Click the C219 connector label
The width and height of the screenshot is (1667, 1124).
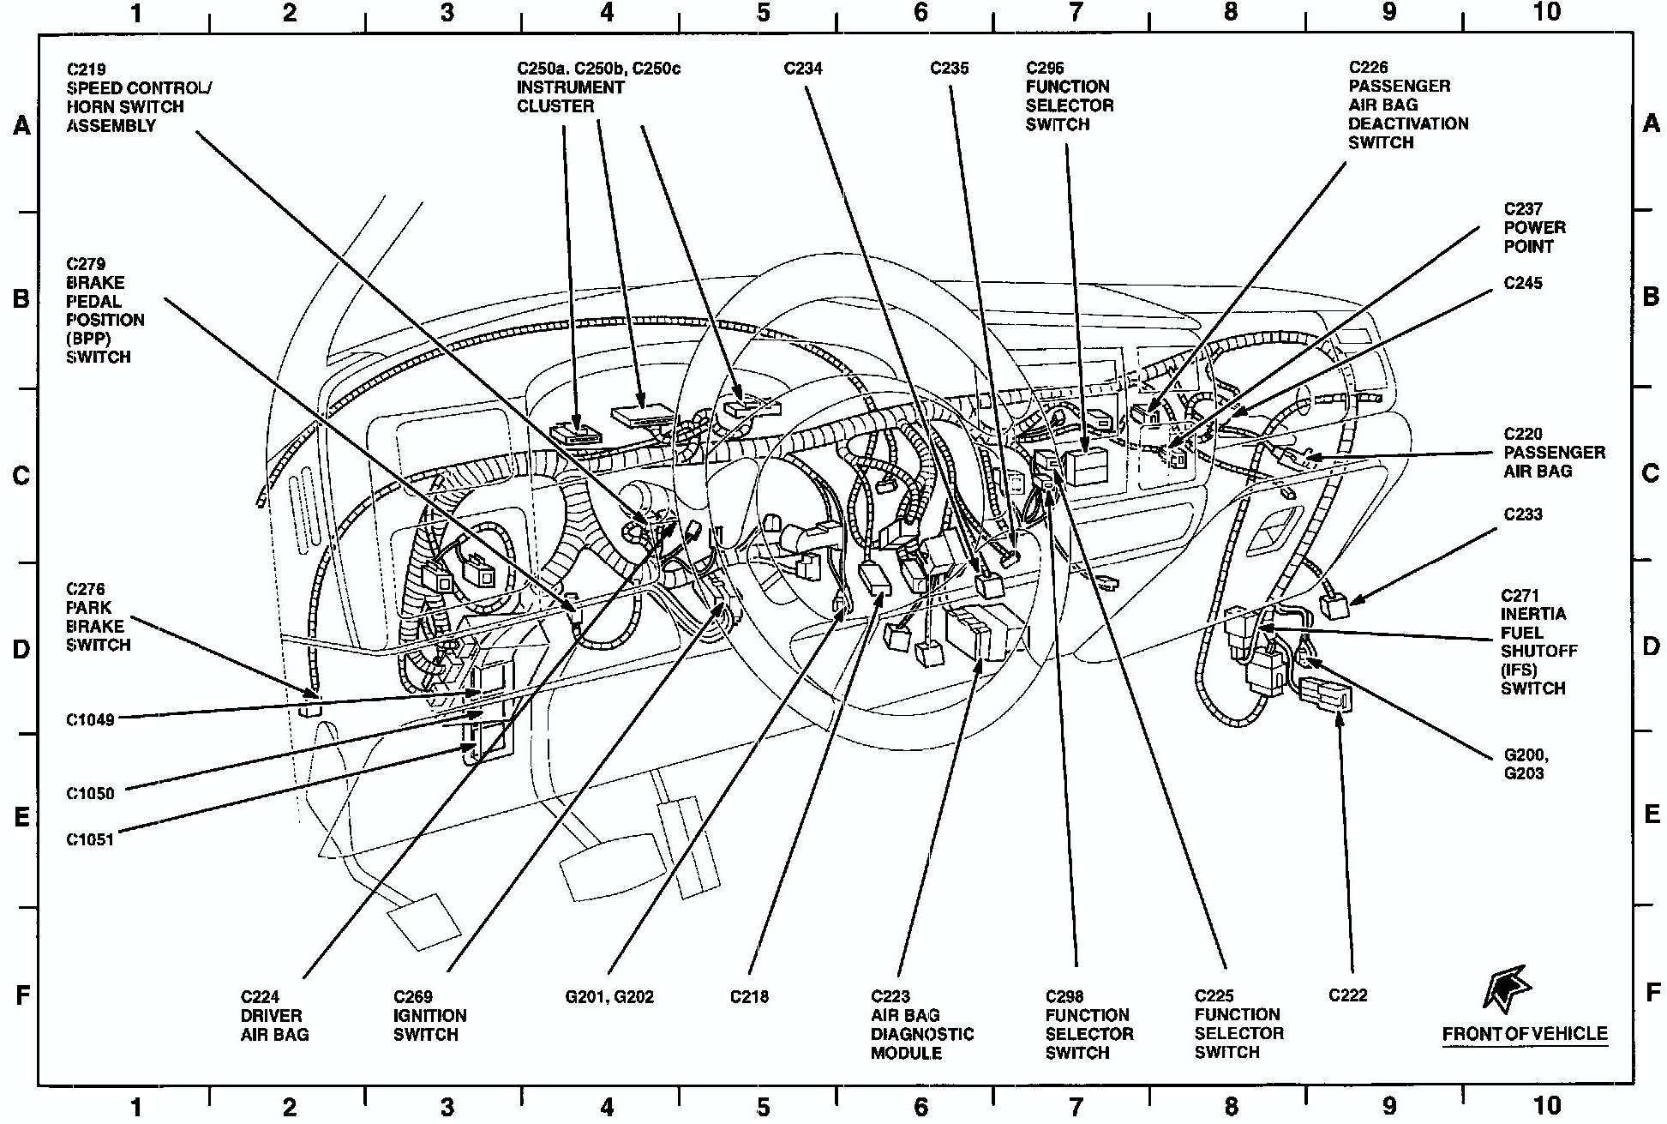tap(137, 97)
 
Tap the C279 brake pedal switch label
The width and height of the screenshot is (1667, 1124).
tap(105, 310)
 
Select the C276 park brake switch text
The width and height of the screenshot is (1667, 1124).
tap(98, 616)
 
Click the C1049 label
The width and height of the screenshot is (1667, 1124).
tap(90, 720)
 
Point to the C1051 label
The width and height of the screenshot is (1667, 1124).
tap(90, 840)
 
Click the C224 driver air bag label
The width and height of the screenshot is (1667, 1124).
tap(273, 1015)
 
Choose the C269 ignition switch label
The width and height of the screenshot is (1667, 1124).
tap(429, 1015)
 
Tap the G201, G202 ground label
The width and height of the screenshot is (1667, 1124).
tap(609, 997)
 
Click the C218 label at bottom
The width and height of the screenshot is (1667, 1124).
tap(749, 997)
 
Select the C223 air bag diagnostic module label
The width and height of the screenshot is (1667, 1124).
tap(921, 1024)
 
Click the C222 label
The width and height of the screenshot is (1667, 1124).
tap(1347, 995)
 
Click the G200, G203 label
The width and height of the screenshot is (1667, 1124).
tap(1526, 765)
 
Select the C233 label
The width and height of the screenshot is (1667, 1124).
tap(1523, 514)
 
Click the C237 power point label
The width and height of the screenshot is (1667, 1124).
tap(1534, 227)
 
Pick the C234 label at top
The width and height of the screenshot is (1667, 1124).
tap(803, 69)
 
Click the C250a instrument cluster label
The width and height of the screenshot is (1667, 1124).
tap(597, 87)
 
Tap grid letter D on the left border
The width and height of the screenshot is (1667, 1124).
tap(21, 649)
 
